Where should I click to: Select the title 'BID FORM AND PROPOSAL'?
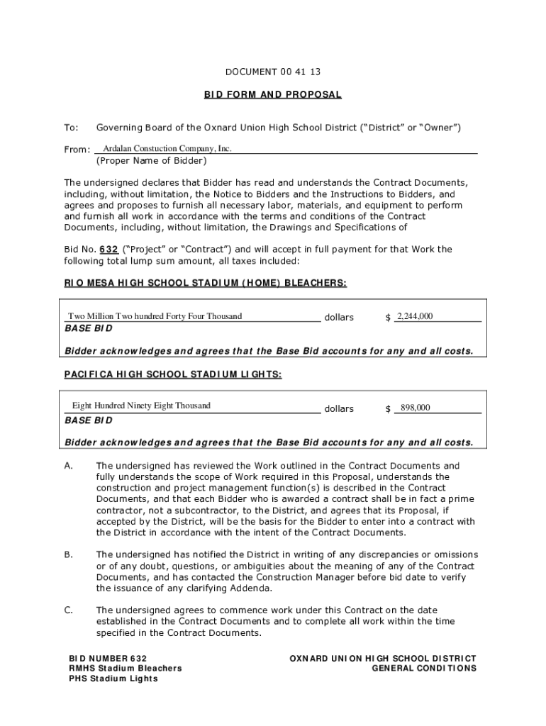273,94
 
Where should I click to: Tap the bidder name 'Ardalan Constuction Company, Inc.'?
167,149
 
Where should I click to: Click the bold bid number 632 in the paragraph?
108,250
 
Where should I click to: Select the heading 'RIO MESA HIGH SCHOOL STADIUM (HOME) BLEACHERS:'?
206,283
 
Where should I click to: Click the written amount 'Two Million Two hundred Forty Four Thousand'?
155,316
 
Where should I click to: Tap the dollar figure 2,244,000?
416,316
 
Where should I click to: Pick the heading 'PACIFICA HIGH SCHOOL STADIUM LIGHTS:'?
173,374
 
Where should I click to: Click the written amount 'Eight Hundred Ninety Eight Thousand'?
141,406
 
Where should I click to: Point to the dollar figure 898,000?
416,408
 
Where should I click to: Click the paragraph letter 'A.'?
69,466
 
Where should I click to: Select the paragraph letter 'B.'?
69,554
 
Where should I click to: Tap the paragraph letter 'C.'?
69,610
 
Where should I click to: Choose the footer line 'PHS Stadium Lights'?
113,678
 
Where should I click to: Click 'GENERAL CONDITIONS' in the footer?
424,669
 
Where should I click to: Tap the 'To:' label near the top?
71,128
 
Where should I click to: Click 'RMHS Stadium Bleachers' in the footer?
125,669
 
